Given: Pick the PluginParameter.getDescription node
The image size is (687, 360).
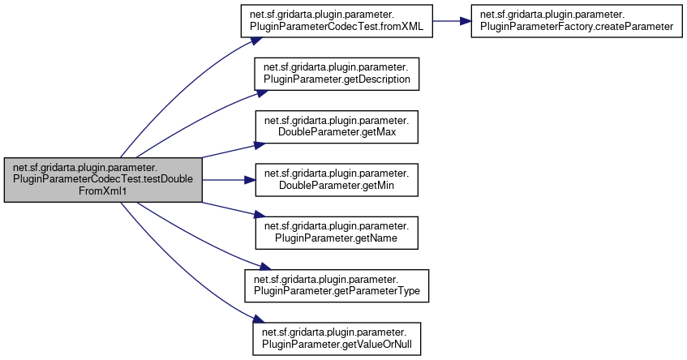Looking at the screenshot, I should tap(337, 75).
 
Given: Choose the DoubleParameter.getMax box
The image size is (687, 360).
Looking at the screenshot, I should tap(337, 127).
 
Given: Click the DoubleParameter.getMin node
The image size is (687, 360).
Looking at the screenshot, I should tap(337, 180).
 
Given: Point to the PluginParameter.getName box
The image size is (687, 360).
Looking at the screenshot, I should tap(337, 233).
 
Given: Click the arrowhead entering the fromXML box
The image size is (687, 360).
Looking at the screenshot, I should tap(235, 36).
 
